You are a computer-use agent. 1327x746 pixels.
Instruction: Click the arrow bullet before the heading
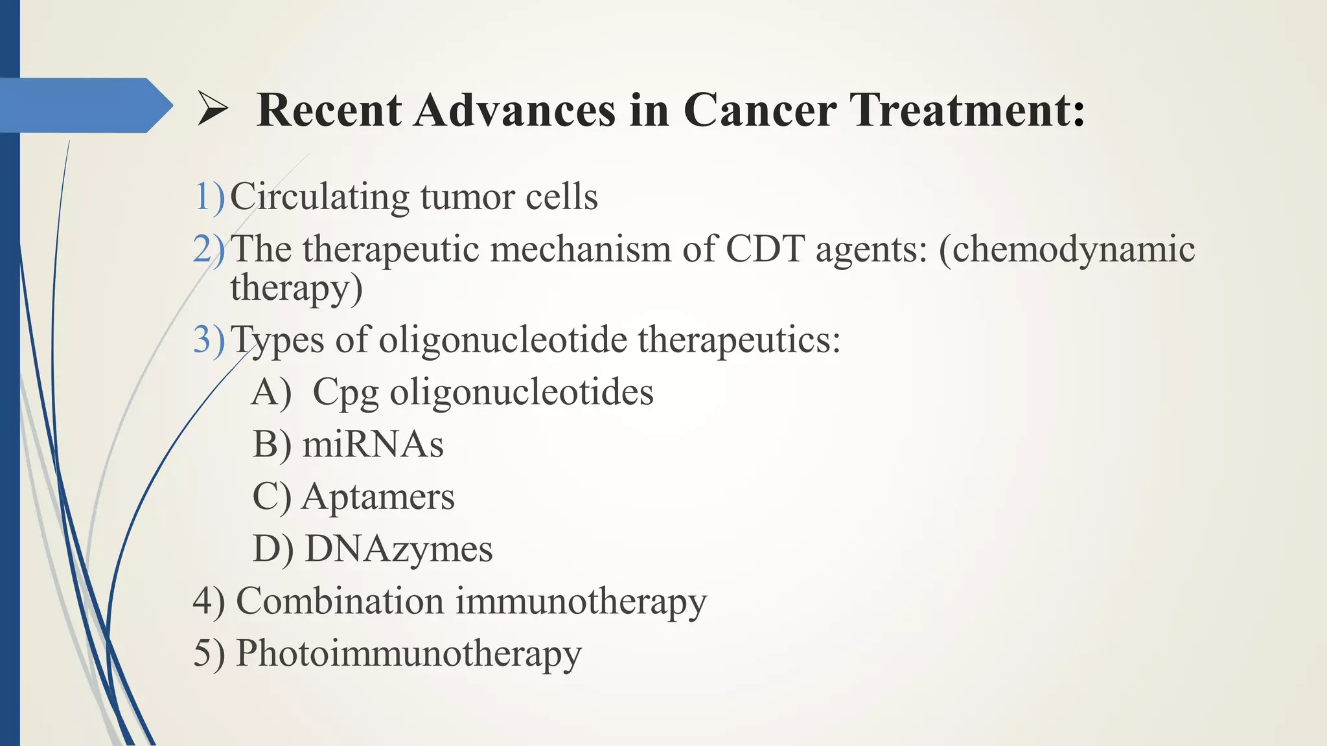213,109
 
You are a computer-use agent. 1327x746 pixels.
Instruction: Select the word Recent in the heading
329,109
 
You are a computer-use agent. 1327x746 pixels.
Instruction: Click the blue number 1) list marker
209,196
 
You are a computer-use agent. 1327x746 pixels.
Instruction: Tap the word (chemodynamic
1067,249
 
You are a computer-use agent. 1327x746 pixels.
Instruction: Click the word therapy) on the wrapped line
296,288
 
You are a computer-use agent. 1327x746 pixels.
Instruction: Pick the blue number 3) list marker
209,339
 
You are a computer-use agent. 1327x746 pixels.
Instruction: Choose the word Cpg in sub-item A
345,392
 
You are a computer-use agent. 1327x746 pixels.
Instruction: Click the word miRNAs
373,445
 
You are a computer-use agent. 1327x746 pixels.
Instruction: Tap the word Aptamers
378,497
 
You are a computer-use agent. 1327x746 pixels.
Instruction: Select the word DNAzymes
398,549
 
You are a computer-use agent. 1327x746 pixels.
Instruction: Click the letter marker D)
273,549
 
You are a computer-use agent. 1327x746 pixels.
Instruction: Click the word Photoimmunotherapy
408,653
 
